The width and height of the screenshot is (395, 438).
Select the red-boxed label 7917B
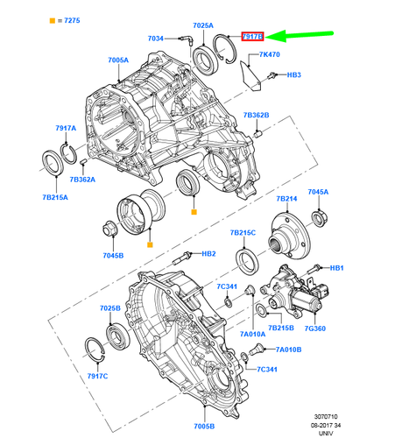[x=252, y=37]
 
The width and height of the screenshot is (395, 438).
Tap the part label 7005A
[x=118, y=60]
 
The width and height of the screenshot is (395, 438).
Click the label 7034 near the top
[x=155, y=39]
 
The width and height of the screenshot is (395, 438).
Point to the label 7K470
[x=270, y=54]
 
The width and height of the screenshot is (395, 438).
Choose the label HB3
[x=294, y=76]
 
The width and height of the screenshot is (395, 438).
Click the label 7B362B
[x=257, y=115]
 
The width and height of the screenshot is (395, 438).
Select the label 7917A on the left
[x=67, y=129]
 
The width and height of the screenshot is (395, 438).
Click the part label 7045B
[x=115, y=256]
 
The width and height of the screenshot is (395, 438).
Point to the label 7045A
[x=318, y=192]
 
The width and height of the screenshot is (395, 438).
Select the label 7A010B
[x=287, y=349]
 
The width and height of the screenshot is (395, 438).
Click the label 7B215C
[x=243, y=233]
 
